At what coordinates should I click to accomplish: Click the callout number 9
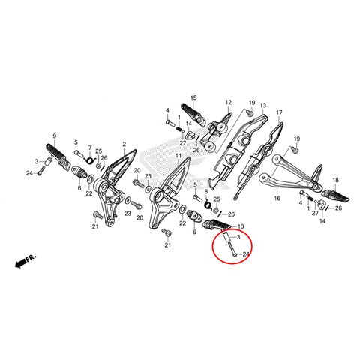(x=55, y=136)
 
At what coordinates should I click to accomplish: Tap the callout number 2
(x=124, y=144)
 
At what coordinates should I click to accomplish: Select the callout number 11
(x=178, y=156)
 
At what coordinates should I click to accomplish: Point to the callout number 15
(x=193, y=98)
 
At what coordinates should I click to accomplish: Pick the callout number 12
(x=229, y=102)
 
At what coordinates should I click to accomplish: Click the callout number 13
(x=263, y=105)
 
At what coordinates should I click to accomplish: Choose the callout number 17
(x=279, y=112)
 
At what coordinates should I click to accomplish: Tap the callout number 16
(x=277, y=199)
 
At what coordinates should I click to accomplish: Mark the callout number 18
(x=335, y=180)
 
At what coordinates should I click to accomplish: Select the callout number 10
(x=241, y=226)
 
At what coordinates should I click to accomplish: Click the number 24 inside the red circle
(x=246, y=254)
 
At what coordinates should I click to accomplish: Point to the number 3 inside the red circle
(x=238, y=237)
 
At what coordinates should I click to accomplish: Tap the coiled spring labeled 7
(x=88, y=160)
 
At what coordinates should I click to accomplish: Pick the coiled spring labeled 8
(x=208, y=204)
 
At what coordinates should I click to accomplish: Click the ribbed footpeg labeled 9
(x=58, y=156)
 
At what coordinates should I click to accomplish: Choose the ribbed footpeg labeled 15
(x=193, y=115)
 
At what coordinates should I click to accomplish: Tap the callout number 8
(x=206, y=192)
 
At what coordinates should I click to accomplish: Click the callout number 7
(x=90, y=148)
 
